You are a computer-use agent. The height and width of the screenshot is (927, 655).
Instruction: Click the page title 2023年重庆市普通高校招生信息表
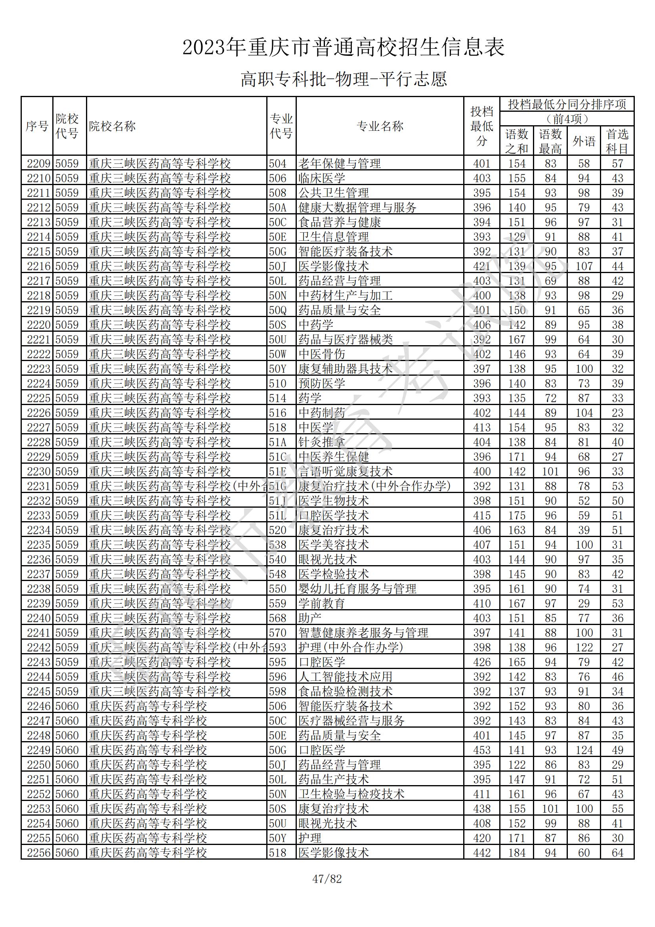click(344, 48)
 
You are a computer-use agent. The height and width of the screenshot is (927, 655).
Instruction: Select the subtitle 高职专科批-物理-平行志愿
click(344, 79)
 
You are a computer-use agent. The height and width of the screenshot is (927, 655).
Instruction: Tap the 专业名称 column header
click(380, 126)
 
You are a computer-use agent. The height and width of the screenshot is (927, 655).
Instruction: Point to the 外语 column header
click(584, 141)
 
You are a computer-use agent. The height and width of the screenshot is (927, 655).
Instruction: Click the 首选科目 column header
click(617, 141)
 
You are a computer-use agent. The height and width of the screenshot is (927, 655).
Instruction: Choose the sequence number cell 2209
click(38, 164)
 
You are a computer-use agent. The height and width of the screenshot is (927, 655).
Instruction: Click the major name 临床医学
click(322, 178)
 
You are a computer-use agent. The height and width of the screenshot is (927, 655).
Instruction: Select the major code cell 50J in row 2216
click(278, 266)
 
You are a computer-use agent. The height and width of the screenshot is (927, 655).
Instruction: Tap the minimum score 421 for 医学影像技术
click(481, 266)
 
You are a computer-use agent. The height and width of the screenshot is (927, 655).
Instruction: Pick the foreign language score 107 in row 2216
click(584, 266)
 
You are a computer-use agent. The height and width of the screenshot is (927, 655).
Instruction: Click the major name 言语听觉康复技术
click(346, 472)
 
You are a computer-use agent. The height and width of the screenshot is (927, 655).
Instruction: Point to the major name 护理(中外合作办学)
click(351, 648)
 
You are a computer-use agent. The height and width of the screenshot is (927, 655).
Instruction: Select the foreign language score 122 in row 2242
click(584, 648)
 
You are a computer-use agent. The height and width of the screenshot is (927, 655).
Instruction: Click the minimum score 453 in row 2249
click(481, 750)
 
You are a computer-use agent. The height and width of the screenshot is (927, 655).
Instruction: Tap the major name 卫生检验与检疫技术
click(351, 794)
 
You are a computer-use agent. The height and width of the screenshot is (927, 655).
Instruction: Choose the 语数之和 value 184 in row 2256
click(517, 853)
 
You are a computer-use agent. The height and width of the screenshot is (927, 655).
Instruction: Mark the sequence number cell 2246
click(38, 706)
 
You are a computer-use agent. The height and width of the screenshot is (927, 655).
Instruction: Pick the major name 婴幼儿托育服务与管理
click(357, 589)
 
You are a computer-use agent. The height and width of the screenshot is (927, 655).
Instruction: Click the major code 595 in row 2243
click(278, 662)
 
